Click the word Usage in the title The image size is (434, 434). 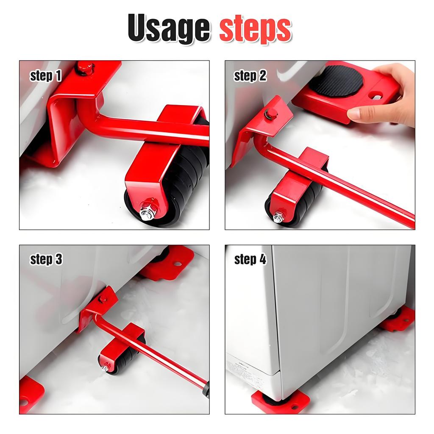(169, 29)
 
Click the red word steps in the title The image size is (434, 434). (255, 29)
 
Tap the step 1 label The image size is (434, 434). (46, 76)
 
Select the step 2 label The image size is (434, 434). (250, 76)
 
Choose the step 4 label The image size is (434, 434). (250, 259)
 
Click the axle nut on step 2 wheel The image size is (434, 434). (278, 217)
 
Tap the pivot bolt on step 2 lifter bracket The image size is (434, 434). (269, 113)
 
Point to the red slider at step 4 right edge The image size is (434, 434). (398, 320)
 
